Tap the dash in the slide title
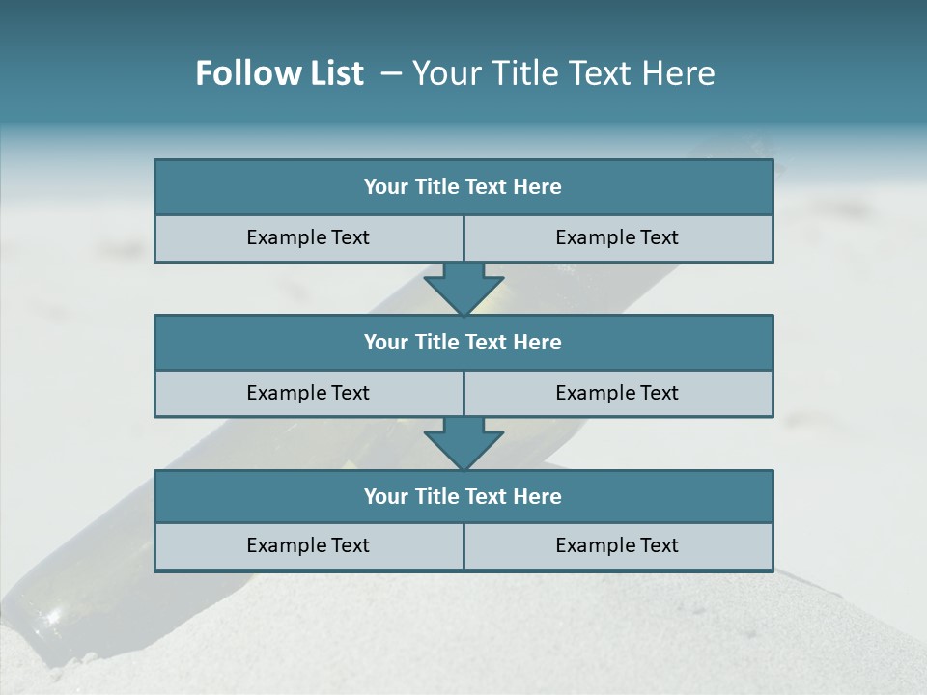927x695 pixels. [390, 73]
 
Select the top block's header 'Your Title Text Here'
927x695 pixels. [463, 187]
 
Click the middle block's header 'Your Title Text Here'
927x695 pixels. [463, 343]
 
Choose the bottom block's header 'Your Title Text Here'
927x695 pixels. [463, 497]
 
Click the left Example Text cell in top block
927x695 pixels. [308, 238]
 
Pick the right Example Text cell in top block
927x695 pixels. [617, 238]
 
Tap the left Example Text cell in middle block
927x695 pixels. [308, 394]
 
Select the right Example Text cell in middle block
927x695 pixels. [617, 394]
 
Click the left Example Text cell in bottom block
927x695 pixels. [308, 546]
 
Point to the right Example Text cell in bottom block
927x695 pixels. [617, 546]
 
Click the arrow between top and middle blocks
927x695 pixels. [463, 288]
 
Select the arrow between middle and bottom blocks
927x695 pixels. [463, 443]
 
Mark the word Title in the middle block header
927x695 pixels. [436, 343]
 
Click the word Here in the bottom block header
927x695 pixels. [537, 497]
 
